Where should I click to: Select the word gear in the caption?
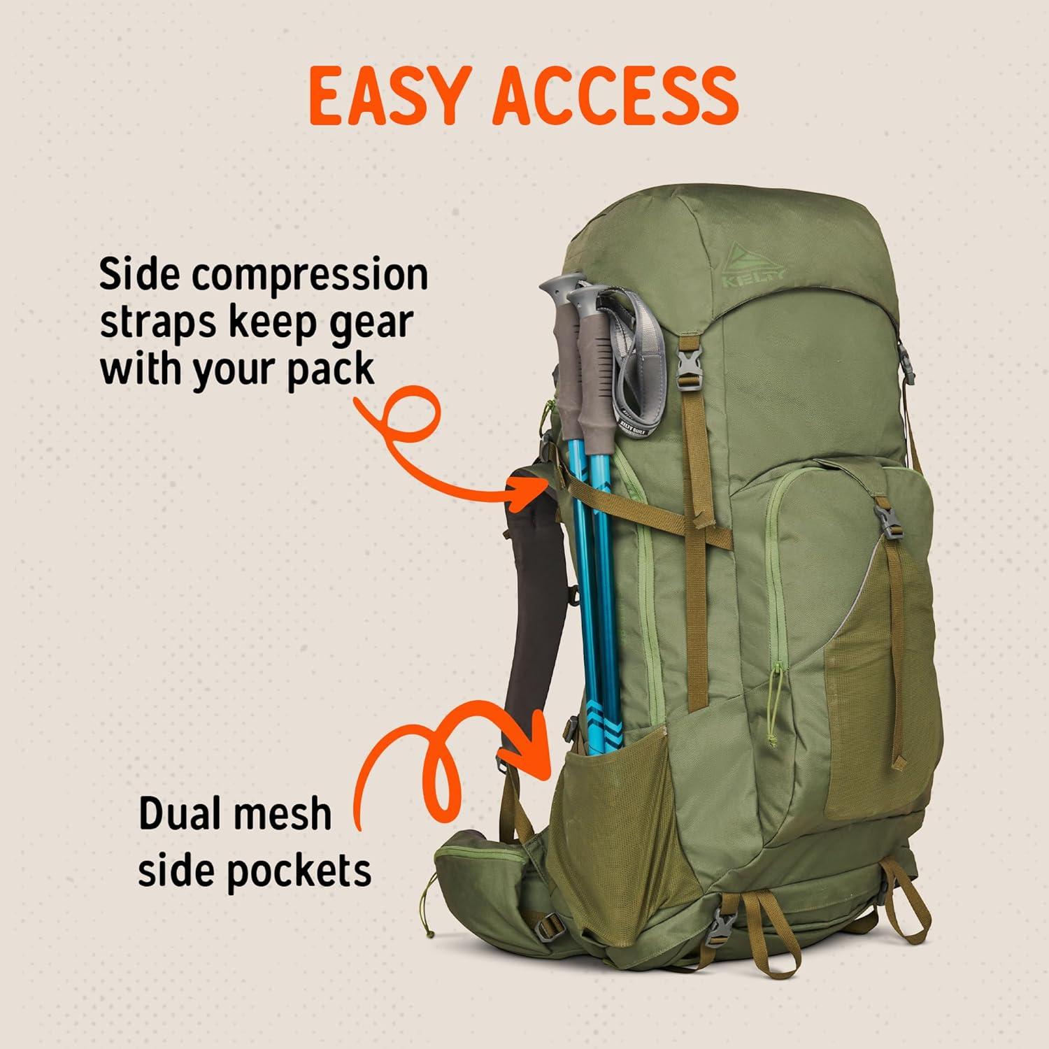(373, 324)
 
